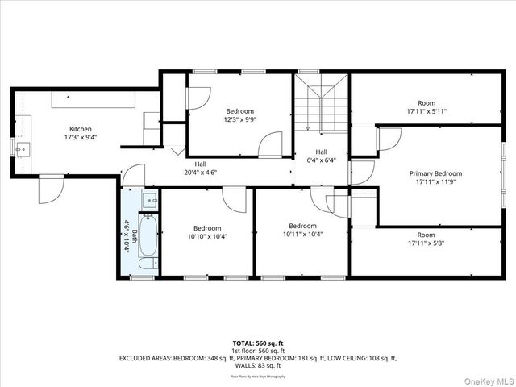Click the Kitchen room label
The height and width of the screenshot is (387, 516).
80,129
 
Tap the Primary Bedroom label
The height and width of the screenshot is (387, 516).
435,173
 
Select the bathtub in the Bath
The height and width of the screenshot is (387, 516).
148,236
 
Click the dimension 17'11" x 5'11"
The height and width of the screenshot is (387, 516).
427,112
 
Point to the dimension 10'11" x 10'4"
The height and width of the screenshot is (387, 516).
302,235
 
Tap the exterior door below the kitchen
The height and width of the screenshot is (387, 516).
51,190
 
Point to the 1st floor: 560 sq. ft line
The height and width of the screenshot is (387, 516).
257,351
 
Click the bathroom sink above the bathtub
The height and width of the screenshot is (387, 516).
148,200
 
